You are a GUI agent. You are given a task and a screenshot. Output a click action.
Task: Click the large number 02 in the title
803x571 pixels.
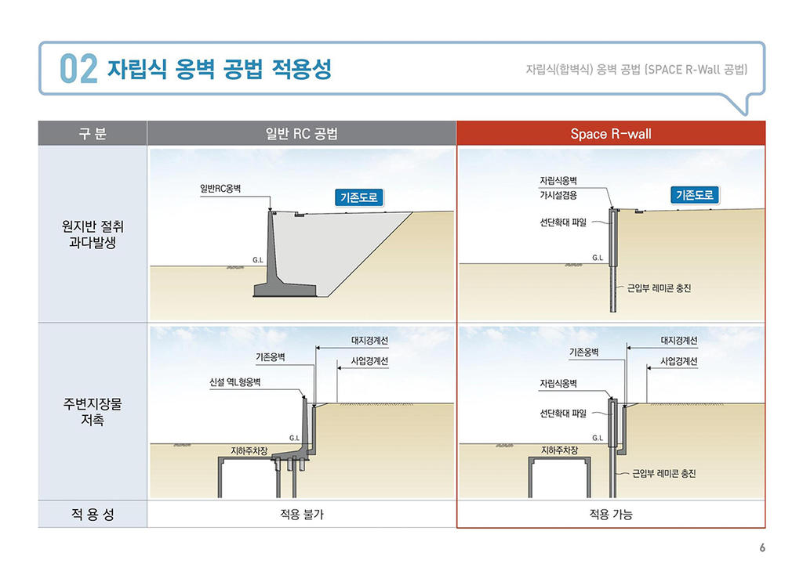(78, 69)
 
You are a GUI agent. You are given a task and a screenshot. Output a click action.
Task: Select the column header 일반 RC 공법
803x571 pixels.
(302, 133)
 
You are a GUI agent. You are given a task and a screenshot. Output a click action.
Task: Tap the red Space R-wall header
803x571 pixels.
(611, 133)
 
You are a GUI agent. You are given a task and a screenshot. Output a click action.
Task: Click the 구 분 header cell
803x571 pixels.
(93, 133)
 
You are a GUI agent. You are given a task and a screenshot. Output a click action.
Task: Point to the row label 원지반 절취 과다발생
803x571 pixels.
(93, 234)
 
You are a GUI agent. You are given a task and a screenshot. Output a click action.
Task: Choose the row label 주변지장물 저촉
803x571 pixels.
(93, 412)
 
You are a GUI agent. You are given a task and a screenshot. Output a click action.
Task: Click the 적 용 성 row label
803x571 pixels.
(93, 514)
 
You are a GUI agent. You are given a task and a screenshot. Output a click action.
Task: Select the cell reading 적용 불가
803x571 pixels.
(302, 514)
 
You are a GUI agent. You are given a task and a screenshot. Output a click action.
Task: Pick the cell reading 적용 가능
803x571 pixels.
(611, 514)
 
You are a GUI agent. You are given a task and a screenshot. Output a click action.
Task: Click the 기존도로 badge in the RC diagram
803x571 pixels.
(359, 197)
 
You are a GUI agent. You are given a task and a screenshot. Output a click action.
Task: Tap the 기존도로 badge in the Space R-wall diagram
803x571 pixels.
(695, 195)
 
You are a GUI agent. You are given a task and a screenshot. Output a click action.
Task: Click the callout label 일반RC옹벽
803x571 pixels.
(220, 189)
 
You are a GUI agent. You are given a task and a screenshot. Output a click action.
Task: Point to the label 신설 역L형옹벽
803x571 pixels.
(235, 382)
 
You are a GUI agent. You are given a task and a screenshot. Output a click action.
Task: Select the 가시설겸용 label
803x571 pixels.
(558, 195)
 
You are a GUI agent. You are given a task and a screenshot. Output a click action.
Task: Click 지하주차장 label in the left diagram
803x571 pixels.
(249, 450)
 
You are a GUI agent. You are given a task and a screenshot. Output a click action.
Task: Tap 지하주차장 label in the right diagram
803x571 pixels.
(559, 450)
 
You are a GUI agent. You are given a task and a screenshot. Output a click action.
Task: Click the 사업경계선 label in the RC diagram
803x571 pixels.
(369, 361)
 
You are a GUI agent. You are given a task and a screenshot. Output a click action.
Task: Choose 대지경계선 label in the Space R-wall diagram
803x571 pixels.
(679, 340)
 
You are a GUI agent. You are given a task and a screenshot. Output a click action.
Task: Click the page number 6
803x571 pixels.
(762, 548)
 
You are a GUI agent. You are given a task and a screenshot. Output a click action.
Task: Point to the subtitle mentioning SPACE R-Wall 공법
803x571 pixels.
(637, 69)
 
